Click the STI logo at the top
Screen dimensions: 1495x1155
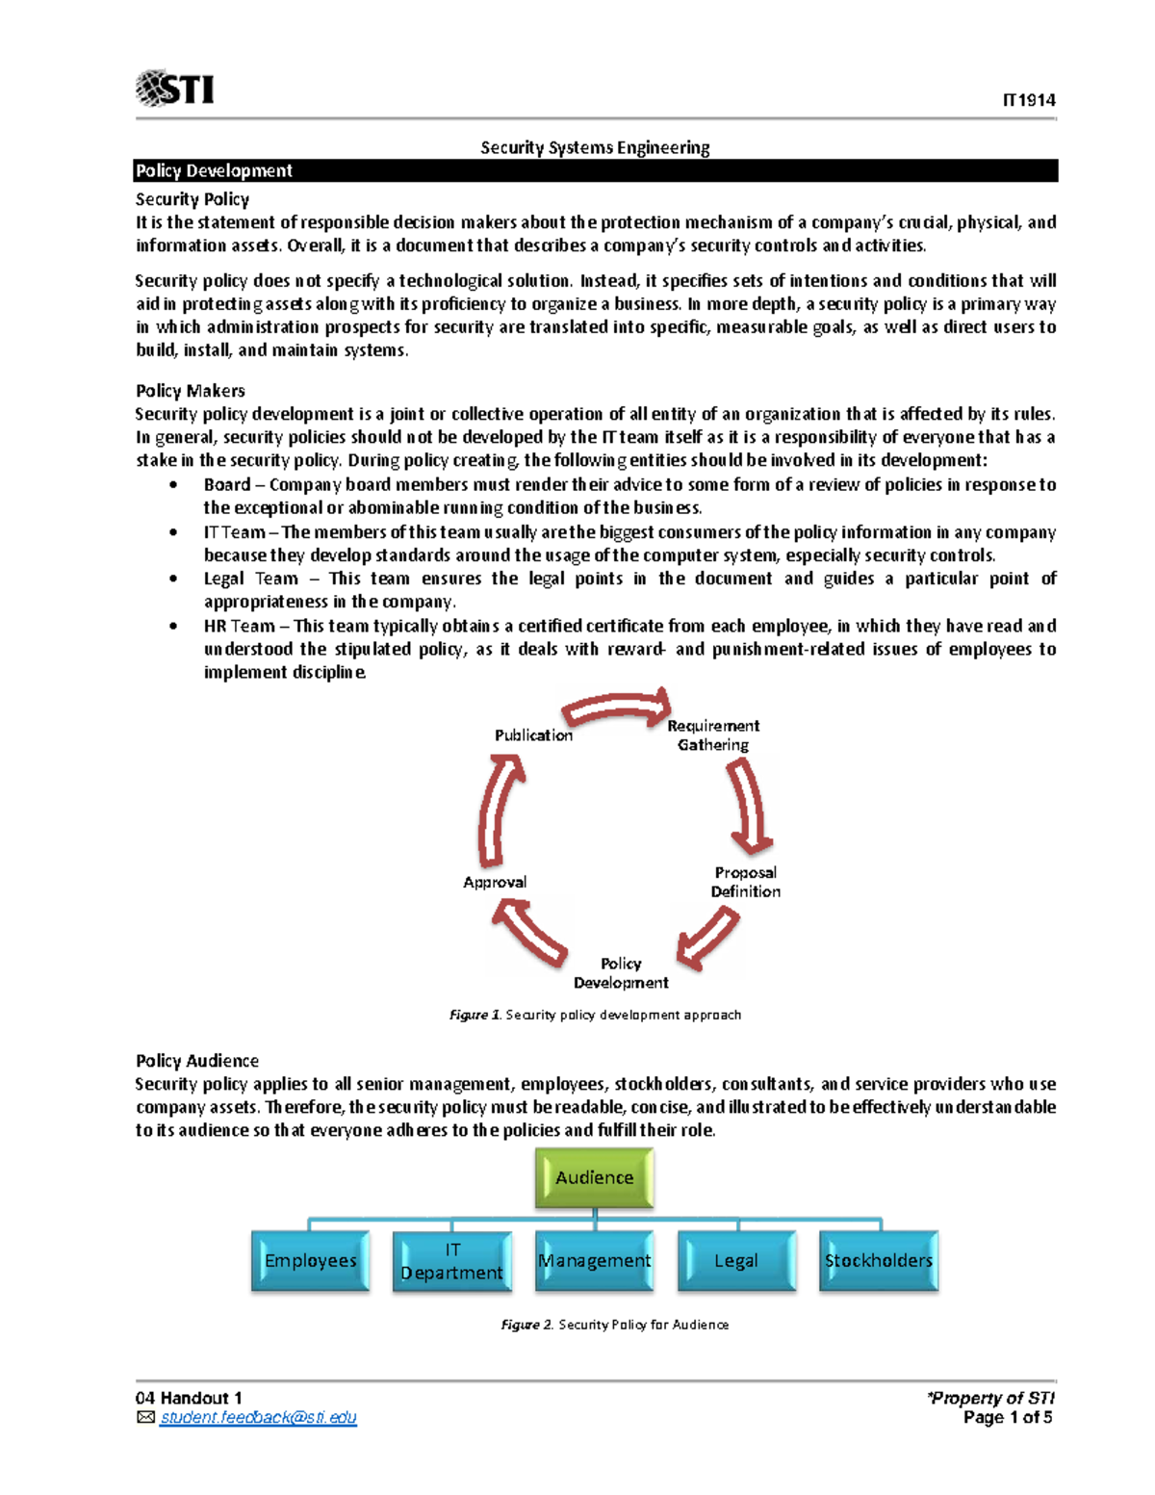click(x=175, y=89)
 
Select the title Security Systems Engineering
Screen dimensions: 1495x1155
click(x=595, y=147)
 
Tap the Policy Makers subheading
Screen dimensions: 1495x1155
click(x=191, y=391)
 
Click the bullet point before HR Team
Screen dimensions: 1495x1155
click(x=173, y=626)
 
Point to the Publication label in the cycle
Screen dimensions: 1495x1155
click(x=533, y=735)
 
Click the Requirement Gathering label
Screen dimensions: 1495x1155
click(x=713, y=735)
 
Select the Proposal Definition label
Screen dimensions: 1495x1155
click(x=745, y=882)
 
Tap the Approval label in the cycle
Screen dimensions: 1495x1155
click(x=495, y=882)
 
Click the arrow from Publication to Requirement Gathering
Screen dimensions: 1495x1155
click(x=616, y=709)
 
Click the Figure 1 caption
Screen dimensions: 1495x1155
click(x=595, y=1015)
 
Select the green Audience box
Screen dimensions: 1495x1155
click(x=595, y=1178)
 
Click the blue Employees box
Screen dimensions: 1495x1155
click(x=310, y=1260)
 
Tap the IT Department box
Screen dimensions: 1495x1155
click(x=451, y=1260)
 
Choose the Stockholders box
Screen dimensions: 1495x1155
click(x=878, y=1260)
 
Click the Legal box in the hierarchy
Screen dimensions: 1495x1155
click(x=736, y=1260)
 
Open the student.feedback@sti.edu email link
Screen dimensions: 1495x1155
click(x=258, y=1418)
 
